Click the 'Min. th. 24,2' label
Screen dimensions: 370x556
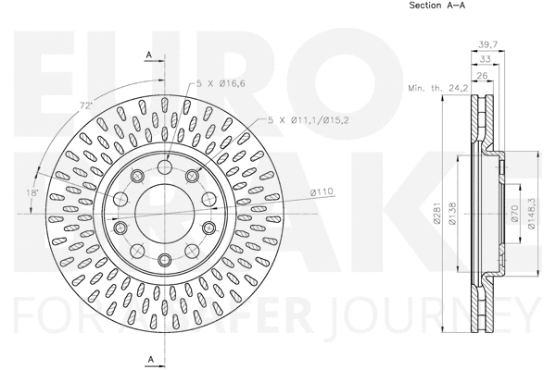click(x=436, y=89)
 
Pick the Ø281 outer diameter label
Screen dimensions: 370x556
click(x=436, y=219)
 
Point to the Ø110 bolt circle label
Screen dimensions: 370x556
click(x=321, y=191)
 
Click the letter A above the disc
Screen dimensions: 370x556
click(x=149, y=55)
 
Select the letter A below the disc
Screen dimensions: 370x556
click(x=149, y=358)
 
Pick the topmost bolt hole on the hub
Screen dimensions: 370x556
click(x=162, y=166)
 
